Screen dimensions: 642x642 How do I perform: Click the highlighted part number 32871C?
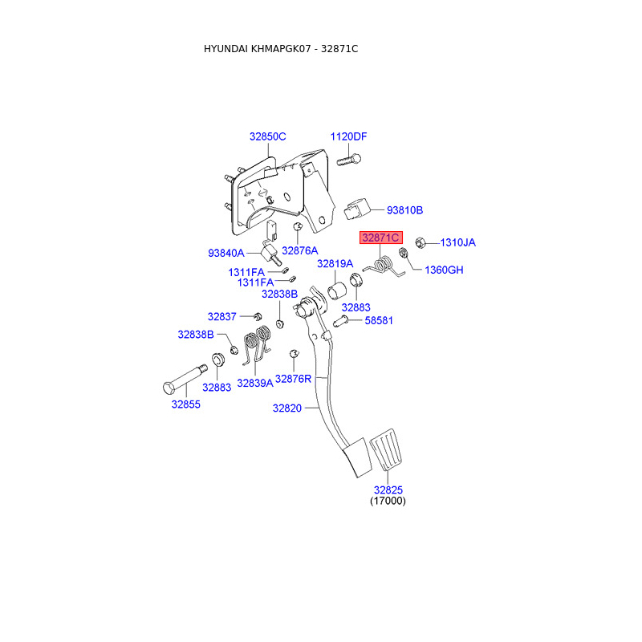(x=380, y=238)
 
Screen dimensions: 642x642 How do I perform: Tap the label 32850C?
(x=267, y=136)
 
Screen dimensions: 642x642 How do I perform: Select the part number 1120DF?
(x=349, y=136)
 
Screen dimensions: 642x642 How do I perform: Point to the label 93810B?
(x=404, y=210)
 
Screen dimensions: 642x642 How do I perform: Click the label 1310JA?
(x=458, y=242)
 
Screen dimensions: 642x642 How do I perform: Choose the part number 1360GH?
(x=444, y=270)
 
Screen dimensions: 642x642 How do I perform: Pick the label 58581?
(x=380, y=320)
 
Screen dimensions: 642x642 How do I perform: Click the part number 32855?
(x=185, y=404)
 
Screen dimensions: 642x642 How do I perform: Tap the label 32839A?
(x=254, y=384)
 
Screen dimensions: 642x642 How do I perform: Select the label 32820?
(x=286, y=408)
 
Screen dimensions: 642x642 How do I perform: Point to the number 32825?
(x=388, y=490)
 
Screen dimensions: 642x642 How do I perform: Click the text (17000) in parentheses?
(x=388, y=501)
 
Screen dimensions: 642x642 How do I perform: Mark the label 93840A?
(x=226, y=253)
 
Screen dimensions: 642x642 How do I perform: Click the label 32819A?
(x=335, y=263)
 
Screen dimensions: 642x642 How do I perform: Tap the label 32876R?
(x=293, y=378)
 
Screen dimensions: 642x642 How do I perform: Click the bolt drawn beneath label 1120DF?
(x=345, y=159)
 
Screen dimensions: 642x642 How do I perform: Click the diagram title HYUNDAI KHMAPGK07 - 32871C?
(x=281, y=49)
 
